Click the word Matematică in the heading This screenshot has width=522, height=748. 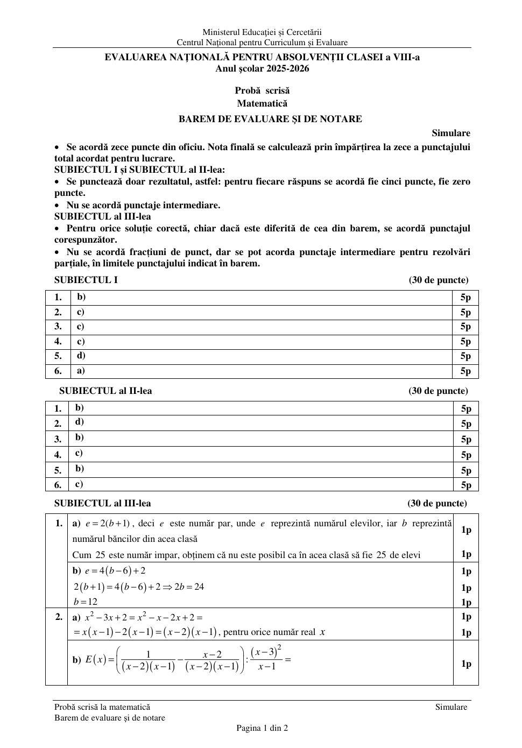(262, 103)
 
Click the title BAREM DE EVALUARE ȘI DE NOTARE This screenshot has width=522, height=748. (270, 119)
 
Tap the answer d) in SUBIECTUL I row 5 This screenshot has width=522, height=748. (81, 355)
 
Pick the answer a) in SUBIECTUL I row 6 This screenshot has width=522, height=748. (81, 370)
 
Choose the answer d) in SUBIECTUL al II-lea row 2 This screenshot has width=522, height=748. (80, 422)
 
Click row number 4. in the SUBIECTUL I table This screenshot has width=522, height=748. (58, 341)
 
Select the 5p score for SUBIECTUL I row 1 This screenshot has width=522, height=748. (465, 297)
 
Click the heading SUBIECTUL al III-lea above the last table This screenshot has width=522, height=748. (103, 503)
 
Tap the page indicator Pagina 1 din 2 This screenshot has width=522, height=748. (262, 728)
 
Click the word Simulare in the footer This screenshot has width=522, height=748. (451, 707)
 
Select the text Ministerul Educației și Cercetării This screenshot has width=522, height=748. (262, 32)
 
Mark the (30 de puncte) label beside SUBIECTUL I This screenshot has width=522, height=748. (438, 280)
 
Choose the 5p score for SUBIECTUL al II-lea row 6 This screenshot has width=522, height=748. (466, 485)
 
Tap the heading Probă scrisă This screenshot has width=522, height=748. (262, 90)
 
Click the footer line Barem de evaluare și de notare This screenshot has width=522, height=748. (110, 718)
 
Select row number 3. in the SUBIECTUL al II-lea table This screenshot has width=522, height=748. (58, 439)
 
